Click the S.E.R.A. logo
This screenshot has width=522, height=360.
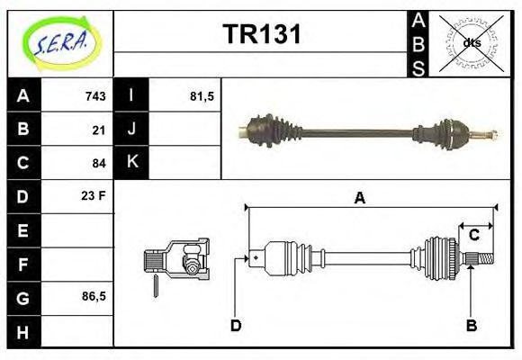pyautogui.click(x=59, y=42)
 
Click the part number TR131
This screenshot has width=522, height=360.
pyautogui.click(x=261, y=35)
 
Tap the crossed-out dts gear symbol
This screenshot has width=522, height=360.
pyautogui.click(x=472, y=42)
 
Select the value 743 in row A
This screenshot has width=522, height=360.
pyautogui.click(x=94, y=96)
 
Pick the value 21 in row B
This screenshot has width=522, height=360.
pyautogui.click(x=98, y=130)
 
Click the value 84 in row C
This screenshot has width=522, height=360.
pyautogui.click(x=98, y=163)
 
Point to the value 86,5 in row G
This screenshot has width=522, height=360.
pyautogui.click(x=92, y=296)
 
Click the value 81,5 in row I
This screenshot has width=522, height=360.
pyautogui.click(x=202, y=96)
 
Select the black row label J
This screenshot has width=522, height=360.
pyautogui.click(x=131, y=130)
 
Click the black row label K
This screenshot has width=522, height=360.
pyautogui.click(x=131, y=163)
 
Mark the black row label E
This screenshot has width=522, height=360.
pyautogui.click(x=22, y=230)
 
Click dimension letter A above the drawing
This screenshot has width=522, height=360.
pyautogui.click(x=359, y=199)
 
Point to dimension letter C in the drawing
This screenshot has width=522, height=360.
pyautogui.click(x=473, y=236)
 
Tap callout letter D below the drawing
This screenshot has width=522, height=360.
pyautogui.click(x=236, y=325)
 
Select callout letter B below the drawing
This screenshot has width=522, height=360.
pyautogui.click(x=471, y=325)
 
